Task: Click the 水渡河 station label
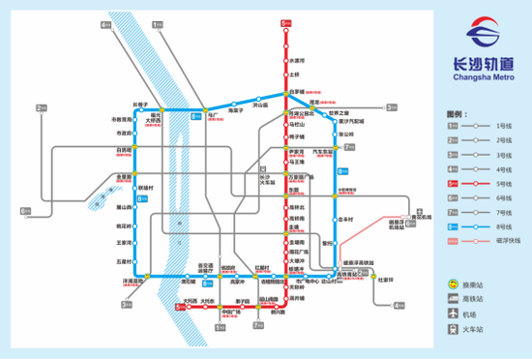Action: click(x=297, y=60)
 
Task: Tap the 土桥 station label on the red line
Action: click(x=295, y=75)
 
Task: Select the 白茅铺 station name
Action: click(x=297, y=93)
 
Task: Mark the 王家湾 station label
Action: click(x=123, y=242)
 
